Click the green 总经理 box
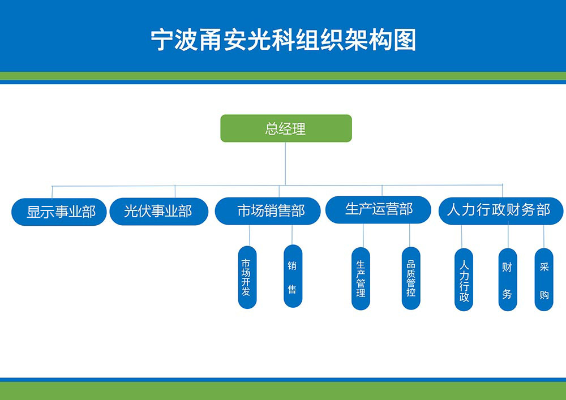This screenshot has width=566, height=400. click(x=286, y=128)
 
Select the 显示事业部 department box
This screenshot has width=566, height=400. click(x=59, y=212)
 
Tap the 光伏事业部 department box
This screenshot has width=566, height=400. click(x=158, y=212)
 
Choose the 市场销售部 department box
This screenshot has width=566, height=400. click(x=268, y=212)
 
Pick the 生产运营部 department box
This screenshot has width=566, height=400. click(x=378, y=209)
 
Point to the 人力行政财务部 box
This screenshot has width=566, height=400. click(x=500, y=210)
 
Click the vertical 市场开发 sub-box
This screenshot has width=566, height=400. click(x=247, y=277)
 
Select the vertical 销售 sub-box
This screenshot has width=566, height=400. click(x=293, y=276)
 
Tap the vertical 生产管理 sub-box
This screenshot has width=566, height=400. click(x=361, y=278)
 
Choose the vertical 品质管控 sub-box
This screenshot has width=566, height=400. click(x=411, y=278)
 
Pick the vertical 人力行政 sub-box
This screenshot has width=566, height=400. click(x=464, y=279)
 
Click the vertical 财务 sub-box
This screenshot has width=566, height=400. click(x=507, y=279)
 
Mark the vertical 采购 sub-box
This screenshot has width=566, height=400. click(x=544, y=279)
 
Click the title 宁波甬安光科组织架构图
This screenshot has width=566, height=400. click(x=283, y=40)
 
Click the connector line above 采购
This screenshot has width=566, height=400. click(x=544, y=236)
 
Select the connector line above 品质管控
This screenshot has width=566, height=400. click(x=409, y=235)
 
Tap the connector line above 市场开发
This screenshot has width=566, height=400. click(x=249, y=235)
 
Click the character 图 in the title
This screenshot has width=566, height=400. click(x=405, y=40)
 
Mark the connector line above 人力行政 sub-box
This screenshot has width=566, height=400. click(x=462, y=236)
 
